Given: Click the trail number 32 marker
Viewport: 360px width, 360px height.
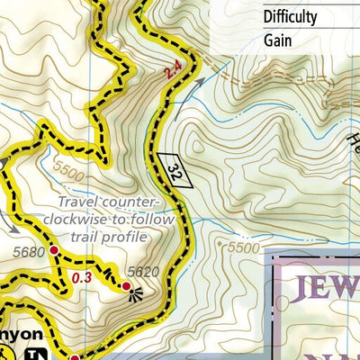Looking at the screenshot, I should [x=176, y=169].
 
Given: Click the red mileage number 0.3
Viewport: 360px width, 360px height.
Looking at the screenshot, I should [x=82, y=278].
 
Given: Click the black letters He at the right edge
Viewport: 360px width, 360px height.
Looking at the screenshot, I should [x=352, y=135].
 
